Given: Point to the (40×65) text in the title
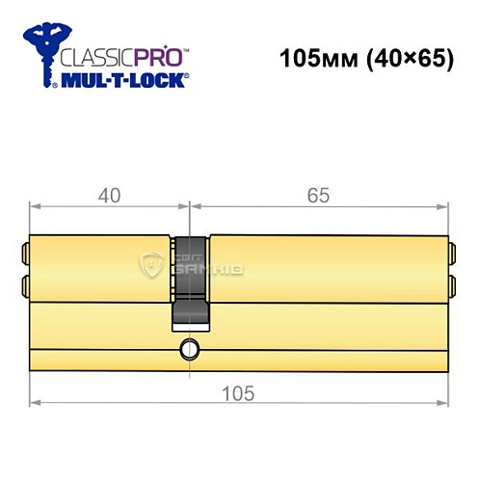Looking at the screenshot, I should (403, 59).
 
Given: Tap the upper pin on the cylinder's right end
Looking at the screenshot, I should (452, 254).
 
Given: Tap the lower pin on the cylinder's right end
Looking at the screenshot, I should (452, 285).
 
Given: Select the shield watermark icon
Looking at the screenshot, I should (152, 264).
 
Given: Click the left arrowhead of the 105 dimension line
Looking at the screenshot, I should (35, 402).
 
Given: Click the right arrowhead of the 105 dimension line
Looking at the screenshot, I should (445, 402).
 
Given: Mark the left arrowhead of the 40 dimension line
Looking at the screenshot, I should (35, 205).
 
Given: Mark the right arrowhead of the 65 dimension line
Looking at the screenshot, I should (445, 205).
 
